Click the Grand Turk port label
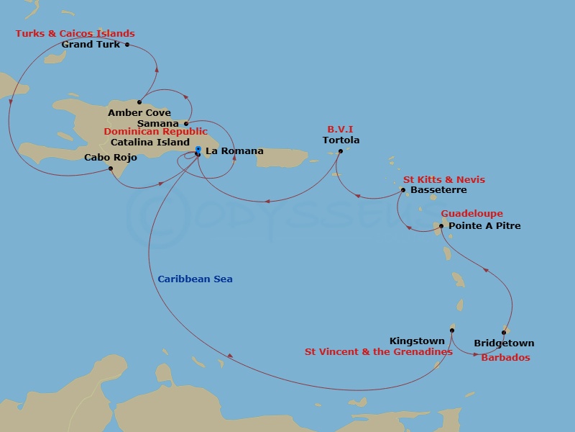tap(91, 45)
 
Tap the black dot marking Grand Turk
tap(127, 45)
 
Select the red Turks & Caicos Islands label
tap(75, 34)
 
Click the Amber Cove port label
tap(139, 113)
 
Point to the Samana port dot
tap(186, 123)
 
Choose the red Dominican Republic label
tap(155, 132)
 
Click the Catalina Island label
tap(150, 142)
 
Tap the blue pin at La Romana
tap(198, 150)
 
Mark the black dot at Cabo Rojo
tap(110, 168)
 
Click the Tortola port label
tap(341, 140)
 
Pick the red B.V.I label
tap(341, 130)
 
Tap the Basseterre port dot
tap(403, 190)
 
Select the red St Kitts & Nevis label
tap(443, 179)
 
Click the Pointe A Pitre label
tap(484, 226)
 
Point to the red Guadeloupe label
tap(471, 214)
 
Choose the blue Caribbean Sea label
tap(195, 279)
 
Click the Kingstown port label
tap(417, 341)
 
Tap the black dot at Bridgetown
tap(504, 333)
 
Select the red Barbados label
tap(505, 358)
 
